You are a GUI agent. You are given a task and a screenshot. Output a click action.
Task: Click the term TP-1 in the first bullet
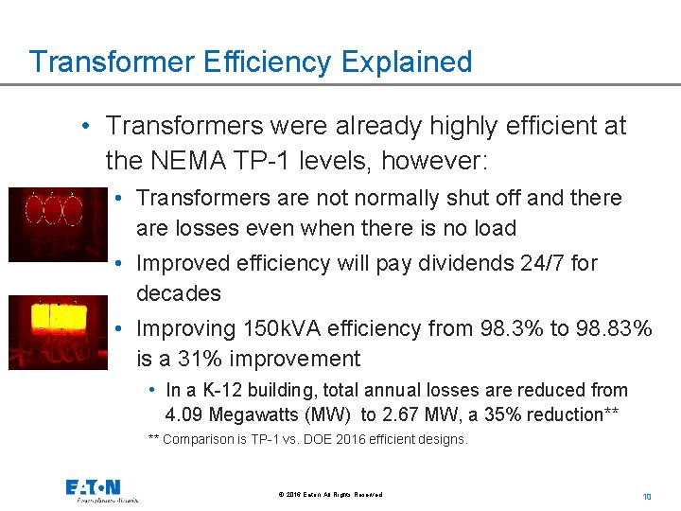pyautogui.click(x=271, y=161)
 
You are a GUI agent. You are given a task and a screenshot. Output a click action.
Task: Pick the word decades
pyautogui.click(x=178, y=293)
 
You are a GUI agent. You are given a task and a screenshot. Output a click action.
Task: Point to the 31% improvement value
pyautogui.click(x=193, y=360)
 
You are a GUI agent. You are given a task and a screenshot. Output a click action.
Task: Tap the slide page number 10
pyautogui.click(x=647, y=496)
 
